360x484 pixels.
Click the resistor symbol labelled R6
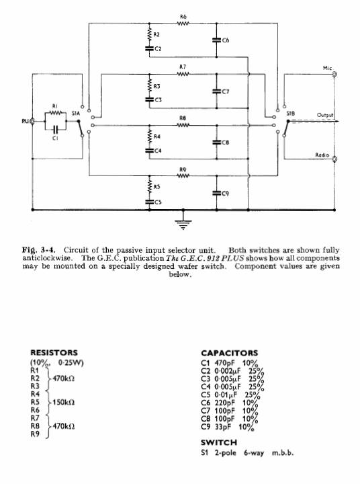click(183, 23)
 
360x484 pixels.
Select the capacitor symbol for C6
click(216, 40)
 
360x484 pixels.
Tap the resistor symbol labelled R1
click(55, 113)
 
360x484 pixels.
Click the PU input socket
click(32, 121)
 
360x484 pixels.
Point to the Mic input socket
click(334, 74)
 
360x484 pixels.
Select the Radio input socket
click(334, 159)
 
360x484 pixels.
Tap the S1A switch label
click(76, 114)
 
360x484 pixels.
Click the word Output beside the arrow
click(325, 115)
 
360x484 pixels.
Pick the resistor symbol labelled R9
click(183, 176)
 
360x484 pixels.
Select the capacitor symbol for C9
click(216, 193)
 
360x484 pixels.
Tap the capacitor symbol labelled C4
click(150, 151)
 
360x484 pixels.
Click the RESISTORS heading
click(54, 352)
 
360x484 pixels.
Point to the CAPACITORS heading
click(229, 353)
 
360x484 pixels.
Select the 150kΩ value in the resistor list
click(63, 402)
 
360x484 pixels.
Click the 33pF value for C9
click(223, 427)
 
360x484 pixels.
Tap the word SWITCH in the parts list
click(219, 442)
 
